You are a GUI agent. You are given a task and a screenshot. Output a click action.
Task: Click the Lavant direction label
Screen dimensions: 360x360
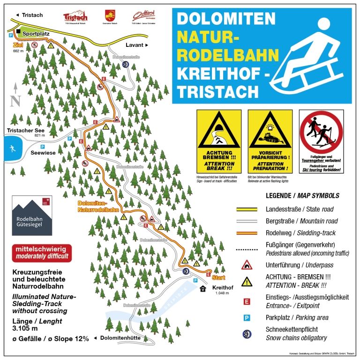tap(137, 45)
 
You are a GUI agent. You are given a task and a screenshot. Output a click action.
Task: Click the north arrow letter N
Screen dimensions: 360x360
tap(15, 100)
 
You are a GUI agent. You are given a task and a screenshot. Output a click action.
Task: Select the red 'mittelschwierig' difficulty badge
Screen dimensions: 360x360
tap(42, 252)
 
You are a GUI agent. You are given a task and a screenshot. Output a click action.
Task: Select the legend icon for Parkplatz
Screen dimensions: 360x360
tap(247, 318)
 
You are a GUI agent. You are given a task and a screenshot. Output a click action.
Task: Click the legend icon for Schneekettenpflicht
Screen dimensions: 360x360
tap(247, 334)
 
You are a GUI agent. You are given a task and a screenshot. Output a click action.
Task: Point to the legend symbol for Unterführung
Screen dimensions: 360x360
tap(247, 265)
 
